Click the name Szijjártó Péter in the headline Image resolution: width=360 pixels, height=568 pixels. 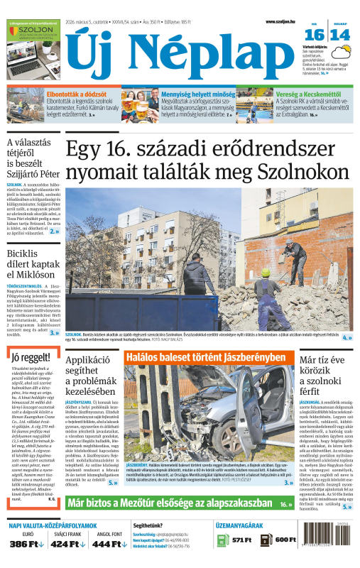click(31, 173)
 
